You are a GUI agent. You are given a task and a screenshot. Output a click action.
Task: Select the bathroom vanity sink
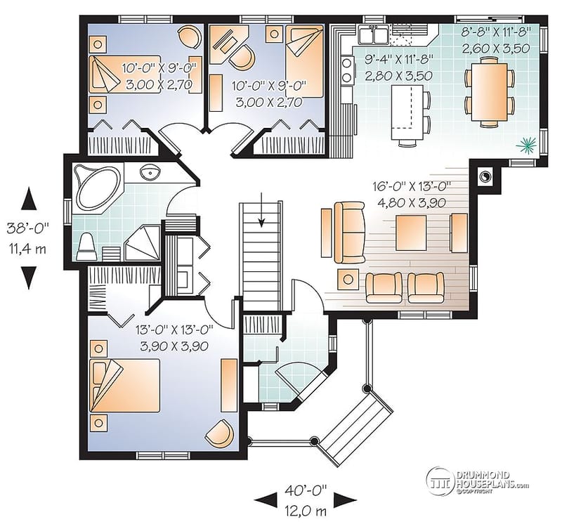[150, 173]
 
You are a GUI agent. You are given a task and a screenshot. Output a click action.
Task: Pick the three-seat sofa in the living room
[348, 232]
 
